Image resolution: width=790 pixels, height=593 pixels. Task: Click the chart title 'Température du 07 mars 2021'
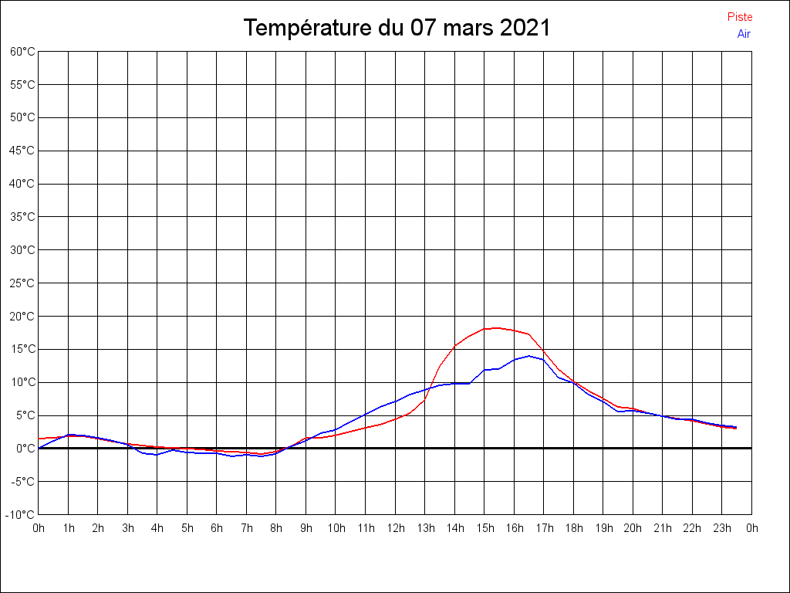pos(397,29)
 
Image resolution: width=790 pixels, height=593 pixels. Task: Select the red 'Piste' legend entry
pos(740,17)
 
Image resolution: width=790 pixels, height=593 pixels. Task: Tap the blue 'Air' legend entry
pos(744,34)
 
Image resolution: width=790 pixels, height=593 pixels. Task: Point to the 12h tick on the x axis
pos(395,528)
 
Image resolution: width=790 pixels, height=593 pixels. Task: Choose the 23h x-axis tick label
pos(721,528)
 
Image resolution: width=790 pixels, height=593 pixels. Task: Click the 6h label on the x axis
pos(217,528)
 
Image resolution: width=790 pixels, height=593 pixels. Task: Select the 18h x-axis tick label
pos(573,528)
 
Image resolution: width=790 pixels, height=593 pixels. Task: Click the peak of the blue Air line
pos(529,356)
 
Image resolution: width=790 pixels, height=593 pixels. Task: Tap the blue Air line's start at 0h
pos(39,448)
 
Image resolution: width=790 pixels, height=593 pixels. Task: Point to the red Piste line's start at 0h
pos(39,439)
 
